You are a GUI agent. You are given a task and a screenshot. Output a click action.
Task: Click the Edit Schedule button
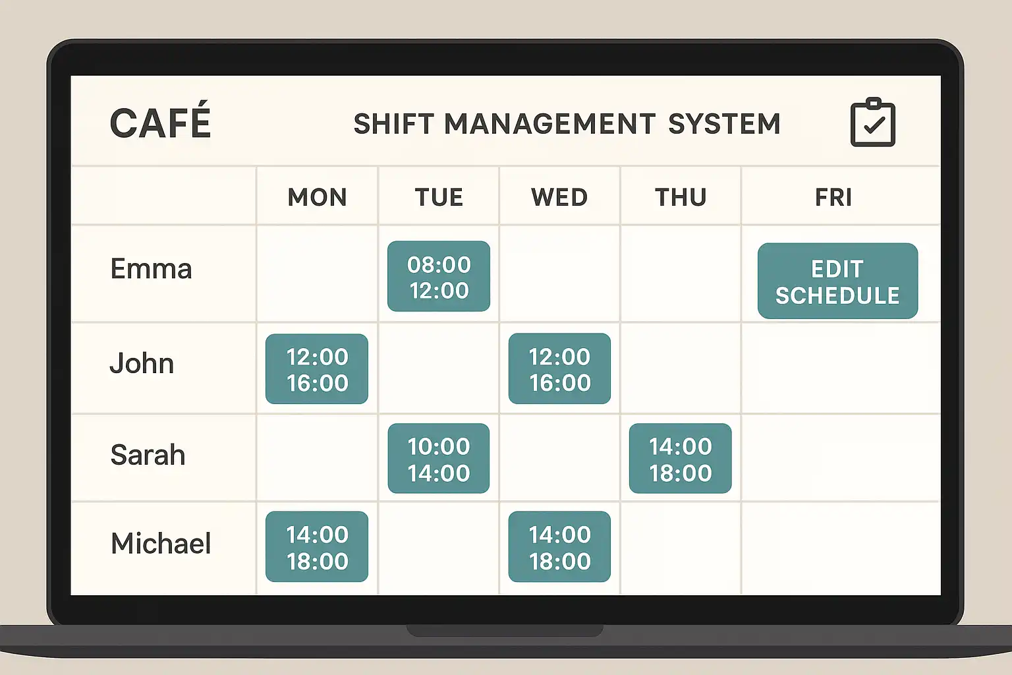[x=837, y=281]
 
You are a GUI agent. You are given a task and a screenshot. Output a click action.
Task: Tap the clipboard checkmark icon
[x=873, y=122]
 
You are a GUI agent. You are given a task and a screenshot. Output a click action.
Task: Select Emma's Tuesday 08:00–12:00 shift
[x=439, y=276]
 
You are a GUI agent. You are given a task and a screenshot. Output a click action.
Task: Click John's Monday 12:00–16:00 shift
[x=317, y=369]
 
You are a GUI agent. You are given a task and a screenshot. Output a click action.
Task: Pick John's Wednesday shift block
[x=559, y=368]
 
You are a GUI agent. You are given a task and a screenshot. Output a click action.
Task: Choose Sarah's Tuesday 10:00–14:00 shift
[x=439, y=458]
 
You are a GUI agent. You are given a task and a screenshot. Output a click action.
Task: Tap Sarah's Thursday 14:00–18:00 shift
[x=681, y=458]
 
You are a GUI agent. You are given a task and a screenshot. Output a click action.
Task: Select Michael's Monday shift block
[x=317, y=546]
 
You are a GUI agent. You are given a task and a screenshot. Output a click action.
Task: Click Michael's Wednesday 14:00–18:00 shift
[x=559, y=546]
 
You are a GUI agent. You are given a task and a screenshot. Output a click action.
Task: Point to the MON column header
[x=317, y=197]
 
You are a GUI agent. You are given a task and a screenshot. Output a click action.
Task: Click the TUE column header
[x=439, y=197]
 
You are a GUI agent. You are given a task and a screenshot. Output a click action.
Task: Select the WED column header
[x=559, y=197]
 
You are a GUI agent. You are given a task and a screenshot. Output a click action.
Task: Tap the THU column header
[x=681, y=197]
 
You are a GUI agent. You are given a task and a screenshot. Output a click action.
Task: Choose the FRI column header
[x=833, y=197]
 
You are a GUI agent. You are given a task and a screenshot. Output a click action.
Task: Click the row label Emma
[x=152, y=268]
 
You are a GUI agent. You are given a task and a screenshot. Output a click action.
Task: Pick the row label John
[x=142, y=363]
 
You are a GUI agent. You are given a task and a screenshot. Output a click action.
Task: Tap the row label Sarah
[x=148, y=454]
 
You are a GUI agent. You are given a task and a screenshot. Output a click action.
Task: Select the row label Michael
[x=161, y=543]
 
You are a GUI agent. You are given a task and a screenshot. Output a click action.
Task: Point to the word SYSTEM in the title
[x=724, y=124]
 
